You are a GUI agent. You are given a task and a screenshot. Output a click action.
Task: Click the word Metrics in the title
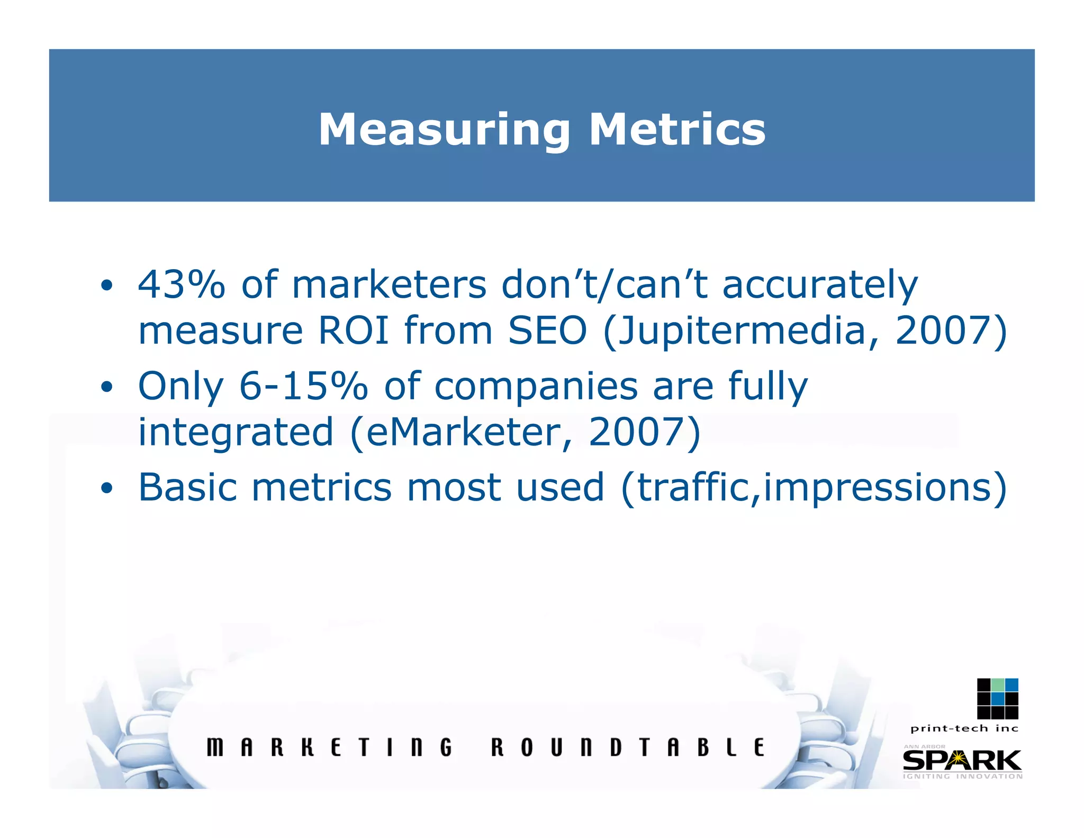point(677,130)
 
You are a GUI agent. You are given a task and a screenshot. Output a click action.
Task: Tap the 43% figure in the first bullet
point(181,284)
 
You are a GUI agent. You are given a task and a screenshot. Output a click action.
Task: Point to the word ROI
point(353,331)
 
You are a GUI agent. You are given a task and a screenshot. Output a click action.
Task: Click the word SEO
point(547,331)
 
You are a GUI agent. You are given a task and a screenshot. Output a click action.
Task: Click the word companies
point(536,387)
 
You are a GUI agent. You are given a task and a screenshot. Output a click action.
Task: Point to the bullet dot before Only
point(106,387)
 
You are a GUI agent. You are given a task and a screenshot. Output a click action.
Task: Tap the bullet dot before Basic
point(106,488)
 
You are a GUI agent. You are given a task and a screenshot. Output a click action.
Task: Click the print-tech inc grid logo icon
point(997,698)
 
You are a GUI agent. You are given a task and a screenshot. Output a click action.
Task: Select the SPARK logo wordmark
point(962,761)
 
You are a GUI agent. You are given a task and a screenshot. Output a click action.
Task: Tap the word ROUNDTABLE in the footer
point(628,747)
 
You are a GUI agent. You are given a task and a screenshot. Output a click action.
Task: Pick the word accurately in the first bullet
point(820,286)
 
